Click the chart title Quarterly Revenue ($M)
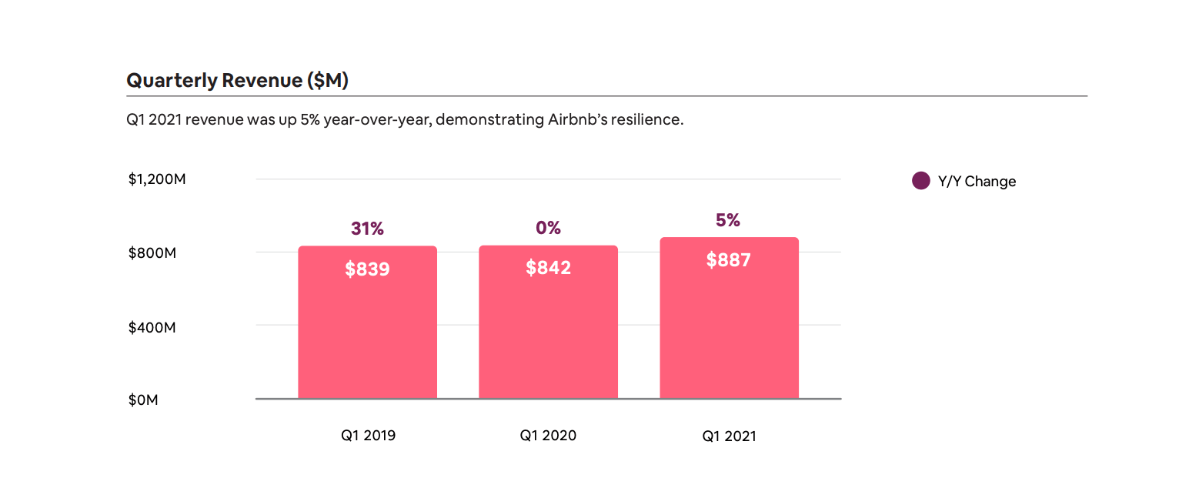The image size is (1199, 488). click(x=237, y=80)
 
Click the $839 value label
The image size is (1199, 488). click(x=367, y=269)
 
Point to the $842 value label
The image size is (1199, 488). click(x=548, y=268)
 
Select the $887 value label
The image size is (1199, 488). click(x=728, y=260)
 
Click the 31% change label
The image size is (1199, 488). click(x=367, y=229)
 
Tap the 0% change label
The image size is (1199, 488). click(x=548, y=228)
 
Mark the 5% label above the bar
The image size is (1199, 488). click(x=727, y=220)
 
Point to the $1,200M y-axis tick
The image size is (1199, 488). click(x=157, y=179)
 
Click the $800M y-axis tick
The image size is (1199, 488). click(x=152, y=253)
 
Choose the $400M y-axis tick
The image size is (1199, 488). click(x=152, y=327)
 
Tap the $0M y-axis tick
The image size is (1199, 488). click(x=143, y=400)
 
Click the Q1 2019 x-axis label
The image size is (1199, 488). click(x=368, y=436)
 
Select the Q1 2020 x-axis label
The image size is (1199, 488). click(x=548, y=436)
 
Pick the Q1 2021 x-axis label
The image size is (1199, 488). click(x=729, y=436)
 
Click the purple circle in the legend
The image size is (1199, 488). click(x=920, y=181)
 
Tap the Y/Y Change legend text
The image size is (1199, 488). click(x=977, y=182)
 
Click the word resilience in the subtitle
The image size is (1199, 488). click(x=647, y=121)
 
